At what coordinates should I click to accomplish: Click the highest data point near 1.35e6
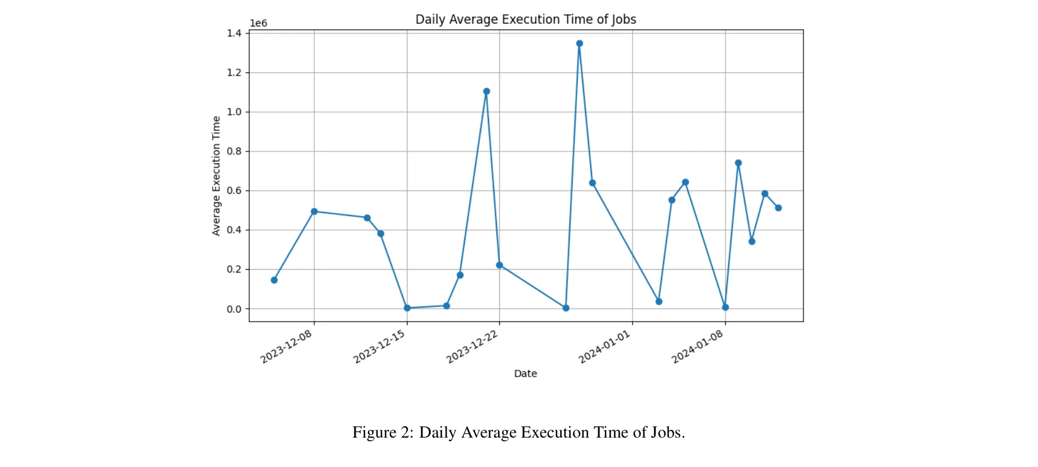579,44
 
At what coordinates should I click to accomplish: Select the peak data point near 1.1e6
486,92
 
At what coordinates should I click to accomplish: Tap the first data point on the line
274,280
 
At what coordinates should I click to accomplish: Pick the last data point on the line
778,208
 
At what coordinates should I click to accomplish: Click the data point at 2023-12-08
314,211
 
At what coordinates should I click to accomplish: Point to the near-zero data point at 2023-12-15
407,308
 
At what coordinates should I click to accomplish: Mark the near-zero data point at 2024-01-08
725,308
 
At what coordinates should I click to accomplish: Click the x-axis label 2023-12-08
286,347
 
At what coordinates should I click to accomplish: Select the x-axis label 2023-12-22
472,347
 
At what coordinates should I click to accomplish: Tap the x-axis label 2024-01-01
604,347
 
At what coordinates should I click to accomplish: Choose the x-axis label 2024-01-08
697,347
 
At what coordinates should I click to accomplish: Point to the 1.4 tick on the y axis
234,33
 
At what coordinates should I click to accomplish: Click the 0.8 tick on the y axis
234,152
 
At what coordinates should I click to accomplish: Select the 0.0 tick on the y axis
234,309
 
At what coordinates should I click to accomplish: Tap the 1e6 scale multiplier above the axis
258,23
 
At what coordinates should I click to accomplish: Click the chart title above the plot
526,19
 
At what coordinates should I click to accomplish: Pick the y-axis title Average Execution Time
216,176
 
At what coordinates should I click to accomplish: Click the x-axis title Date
525,374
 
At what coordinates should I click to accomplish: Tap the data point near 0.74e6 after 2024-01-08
738,163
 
